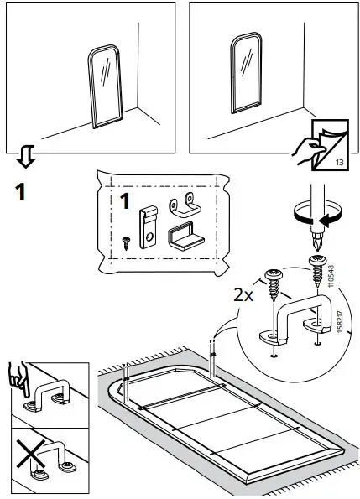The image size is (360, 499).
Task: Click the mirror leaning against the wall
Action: pos(106,87)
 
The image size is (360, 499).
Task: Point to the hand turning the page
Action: pos(308,150)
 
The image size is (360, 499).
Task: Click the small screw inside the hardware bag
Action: pos(125,241)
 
